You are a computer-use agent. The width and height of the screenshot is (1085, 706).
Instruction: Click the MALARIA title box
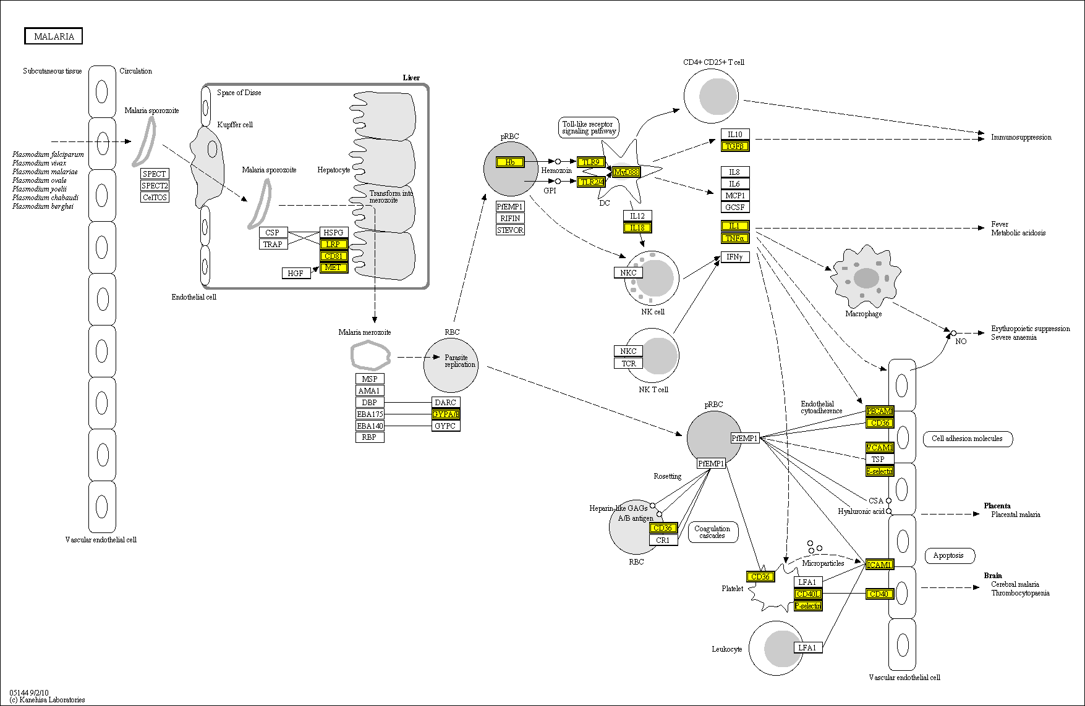[54, 36]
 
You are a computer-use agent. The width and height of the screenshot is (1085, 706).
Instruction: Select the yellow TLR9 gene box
[590, 162]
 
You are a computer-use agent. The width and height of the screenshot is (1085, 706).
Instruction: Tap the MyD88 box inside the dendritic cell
[626, 172]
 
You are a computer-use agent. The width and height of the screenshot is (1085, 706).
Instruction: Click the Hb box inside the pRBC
[510, 162]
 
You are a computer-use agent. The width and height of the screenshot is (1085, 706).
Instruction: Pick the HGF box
[296, 273]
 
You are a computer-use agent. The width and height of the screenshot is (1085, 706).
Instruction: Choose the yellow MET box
[333, 267]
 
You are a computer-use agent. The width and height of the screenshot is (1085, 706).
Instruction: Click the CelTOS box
[155, 198]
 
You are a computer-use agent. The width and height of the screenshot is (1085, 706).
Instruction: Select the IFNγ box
[734, 257]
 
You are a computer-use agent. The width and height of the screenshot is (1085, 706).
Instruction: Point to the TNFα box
[734, 238]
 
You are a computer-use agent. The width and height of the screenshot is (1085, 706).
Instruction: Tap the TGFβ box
[734, 146]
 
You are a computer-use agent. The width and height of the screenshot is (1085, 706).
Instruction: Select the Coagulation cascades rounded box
[712, 532]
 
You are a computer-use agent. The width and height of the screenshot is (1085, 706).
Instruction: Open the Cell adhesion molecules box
[967, 439]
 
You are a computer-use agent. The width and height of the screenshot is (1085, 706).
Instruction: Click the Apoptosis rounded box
[948, 555]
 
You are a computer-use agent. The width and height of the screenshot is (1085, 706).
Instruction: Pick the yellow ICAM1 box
[879, 565]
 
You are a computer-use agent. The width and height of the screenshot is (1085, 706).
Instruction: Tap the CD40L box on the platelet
[808, 594]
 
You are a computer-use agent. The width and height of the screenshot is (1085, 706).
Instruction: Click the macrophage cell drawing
[866, 276]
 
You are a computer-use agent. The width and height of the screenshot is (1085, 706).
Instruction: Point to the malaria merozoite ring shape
[370, 355]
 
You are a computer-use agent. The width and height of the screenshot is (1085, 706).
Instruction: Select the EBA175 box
[370, 414]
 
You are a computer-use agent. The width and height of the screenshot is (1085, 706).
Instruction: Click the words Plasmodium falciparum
[48, 154]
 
